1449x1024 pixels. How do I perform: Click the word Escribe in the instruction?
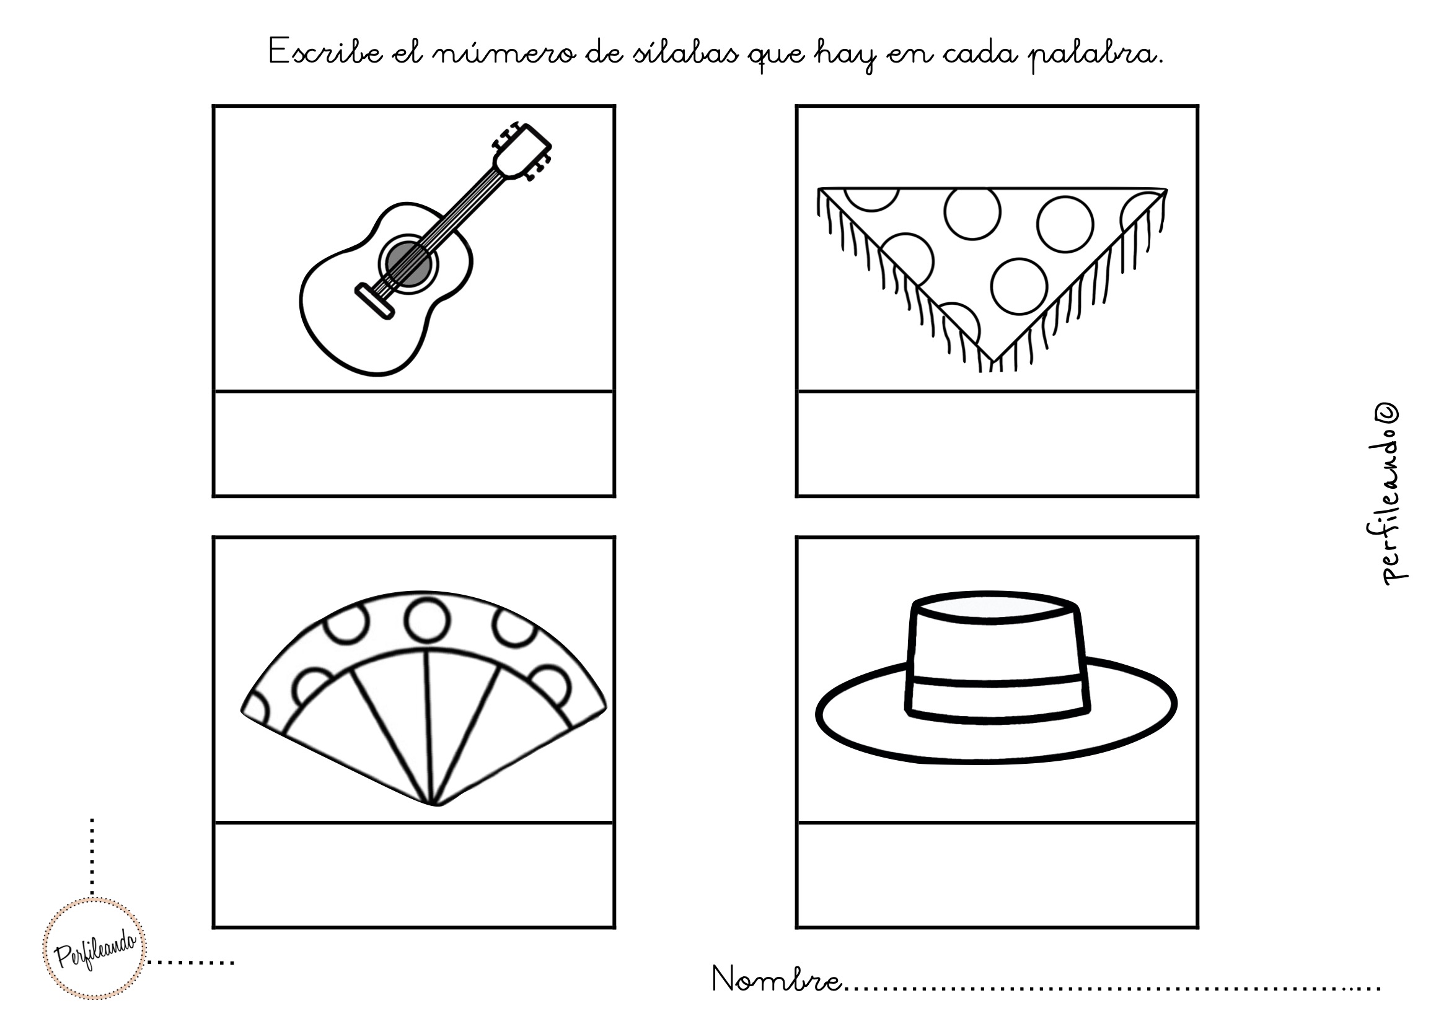(325, 52)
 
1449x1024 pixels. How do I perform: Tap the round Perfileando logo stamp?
(95, 948)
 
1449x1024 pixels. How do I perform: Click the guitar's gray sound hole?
(408, 265)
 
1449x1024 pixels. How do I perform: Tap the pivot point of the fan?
(436, 803)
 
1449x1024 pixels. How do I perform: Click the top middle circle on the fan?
(427, 619)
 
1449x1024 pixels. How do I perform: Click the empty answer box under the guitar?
(414, 444)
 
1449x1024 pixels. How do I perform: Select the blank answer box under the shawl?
(997, 444)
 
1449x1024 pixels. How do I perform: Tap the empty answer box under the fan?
(414, 875)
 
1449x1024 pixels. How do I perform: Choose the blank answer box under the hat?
(997, 875)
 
